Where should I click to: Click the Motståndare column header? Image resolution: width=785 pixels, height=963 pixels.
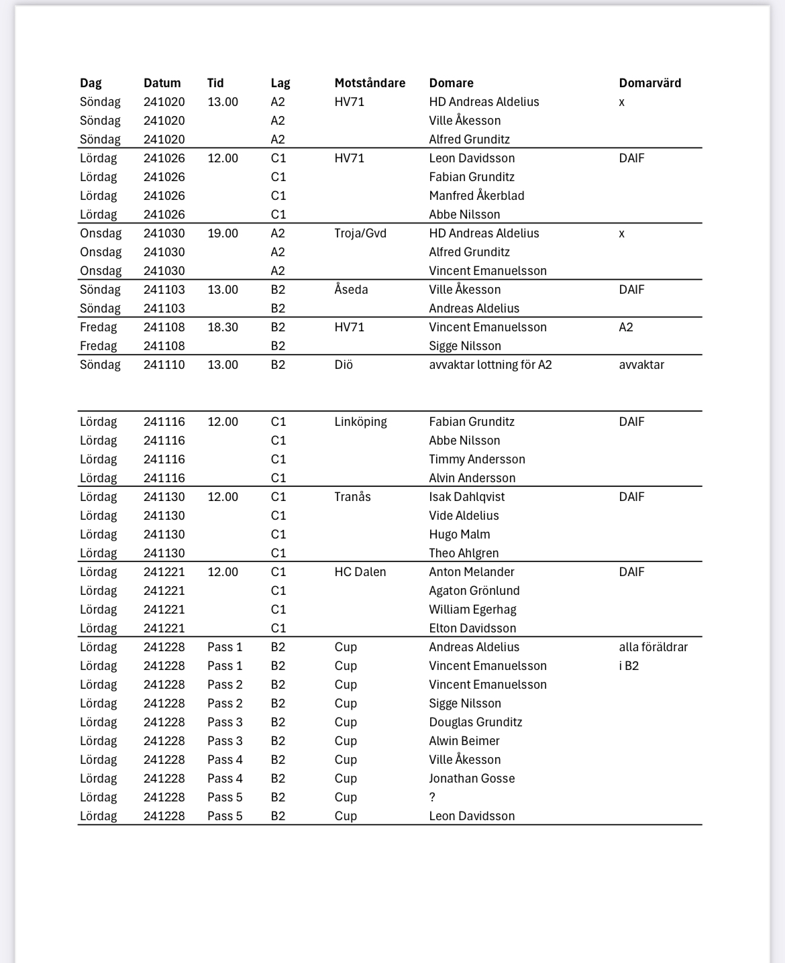tap(370, 83)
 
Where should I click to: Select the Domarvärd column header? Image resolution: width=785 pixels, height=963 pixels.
tap(649, 83)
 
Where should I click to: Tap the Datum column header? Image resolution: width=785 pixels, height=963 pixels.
tap(162, 83)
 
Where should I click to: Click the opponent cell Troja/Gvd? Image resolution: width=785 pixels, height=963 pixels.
tap(360, 233)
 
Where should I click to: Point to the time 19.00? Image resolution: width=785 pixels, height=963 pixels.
tap(223, 233)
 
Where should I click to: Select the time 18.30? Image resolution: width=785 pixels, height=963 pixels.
tap(223, 327)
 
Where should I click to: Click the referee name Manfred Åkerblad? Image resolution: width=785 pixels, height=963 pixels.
tap(476, 196)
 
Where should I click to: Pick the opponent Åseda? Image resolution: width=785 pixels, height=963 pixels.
tap(351, 290)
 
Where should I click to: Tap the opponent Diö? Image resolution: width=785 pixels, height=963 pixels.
tap(344, 365)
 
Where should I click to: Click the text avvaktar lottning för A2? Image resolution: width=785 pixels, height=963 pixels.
tap(490, 365)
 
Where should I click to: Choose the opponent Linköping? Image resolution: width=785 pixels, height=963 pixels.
tap(360, 422)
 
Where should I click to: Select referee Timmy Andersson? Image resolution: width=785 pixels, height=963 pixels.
tap(477, 459)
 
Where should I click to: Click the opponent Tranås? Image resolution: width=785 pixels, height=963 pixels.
tap(352, 497)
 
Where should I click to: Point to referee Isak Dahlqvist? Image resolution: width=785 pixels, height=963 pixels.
tap(467, 497)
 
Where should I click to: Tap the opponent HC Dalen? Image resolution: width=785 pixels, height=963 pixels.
tap(360, 572)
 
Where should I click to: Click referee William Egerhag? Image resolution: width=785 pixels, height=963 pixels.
tap(472, 610)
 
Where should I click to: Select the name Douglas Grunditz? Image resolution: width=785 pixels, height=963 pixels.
tap(476, 722)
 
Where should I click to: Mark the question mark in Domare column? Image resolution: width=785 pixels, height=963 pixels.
tap(432, 797)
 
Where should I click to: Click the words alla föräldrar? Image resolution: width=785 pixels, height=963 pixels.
tap(653, 647)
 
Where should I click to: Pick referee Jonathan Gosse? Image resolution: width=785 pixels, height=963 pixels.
tap(472, 779)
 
